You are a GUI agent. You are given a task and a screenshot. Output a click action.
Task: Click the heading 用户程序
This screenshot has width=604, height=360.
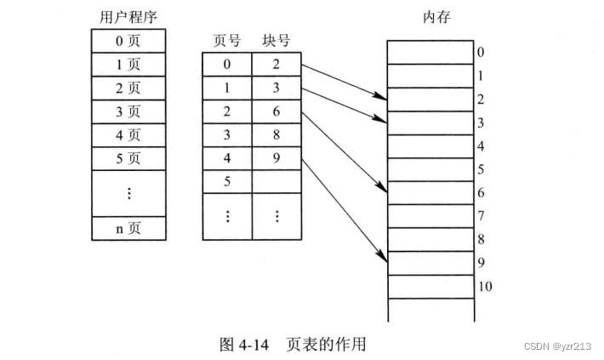128,15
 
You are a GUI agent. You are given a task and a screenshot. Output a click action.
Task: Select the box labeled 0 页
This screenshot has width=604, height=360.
129,40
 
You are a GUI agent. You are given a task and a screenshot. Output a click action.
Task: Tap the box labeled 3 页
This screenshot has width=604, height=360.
129,111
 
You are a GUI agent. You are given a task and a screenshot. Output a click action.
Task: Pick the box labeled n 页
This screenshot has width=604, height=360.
129,228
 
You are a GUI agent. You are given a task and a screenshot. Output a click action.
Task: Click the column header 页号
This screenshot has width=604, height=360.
227,41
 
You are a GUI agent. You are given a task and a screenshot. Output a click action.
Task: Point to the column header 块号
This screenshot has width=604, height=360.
276,41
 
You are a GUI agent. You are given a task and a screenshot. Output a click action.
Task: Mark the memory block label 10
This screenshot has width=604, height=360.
484,286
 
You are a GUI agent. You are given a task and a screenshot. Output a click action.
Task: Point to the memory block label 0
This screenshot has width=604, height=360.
481,53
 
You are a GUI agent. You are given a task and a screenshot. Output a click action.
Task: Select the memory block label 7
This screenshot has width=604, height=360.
481,216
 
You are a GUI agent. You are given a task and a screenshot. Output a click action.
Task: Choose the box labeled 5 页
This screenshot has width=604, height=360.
129,157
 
